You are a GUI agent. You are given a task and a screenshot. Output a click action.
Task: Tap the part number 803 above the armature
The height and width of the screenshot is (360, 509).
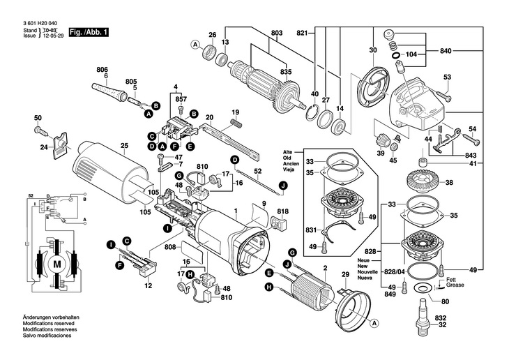tap(277, 33)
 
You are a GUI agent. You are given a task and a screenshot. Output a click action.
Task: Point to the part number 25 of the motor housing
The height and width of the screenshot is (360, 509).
tap(124, 146)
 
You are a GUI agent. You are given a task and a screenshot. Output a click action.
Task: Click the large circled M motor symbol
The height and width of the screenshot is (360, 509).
tap(57, 264)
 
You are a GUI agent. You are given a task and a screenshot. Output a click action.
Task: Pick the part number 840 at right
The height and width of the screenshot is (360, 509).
tap(446, 52)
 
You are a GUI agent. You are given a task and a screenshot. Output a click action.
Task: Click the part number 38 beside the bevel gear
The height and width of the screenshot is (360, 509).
tap(449, 183)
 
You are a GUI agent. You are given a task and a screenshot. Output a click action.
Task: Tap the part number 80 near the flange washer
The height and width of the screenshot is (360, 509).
tap(445, 301)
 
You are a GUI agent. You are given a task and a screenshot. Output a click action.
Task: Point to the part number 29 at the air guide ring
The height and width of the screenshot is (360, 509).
tap(344, 276)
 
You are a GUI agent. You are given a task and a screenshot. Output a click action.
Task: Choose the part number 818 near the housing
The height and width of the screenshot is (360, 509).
tap(282, 211)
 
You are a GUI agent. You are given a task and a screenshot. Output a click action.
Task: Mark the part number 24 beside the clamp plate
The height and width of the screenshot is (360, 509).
tap(44, 147)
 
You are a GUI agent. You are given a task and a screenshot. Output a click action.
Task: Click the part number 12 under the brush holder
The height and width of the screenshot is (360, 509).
tap(148, 287)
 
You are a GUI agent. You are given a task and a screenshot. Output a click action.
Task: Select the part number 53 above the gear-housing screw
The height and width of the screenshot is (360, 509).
tap(447, 77)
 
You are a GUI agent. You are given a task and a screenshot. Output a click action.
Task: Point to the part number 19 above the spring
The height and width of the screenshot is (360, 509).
tap(235, 112)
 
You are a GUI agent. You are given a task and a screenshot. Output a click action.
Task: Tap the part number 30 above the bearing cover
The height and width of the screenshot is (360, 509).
tap(373, 50)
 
